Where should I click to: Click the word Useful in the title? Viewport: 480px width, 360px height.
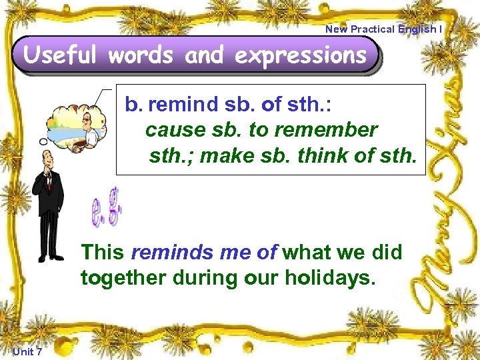61,55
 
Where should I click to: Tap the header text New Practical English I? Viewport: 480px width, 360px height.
383,29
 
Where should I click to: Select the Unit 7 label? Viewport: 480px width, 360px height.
27,351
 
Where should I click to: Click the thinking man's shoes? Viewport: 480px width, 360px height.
51,257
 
